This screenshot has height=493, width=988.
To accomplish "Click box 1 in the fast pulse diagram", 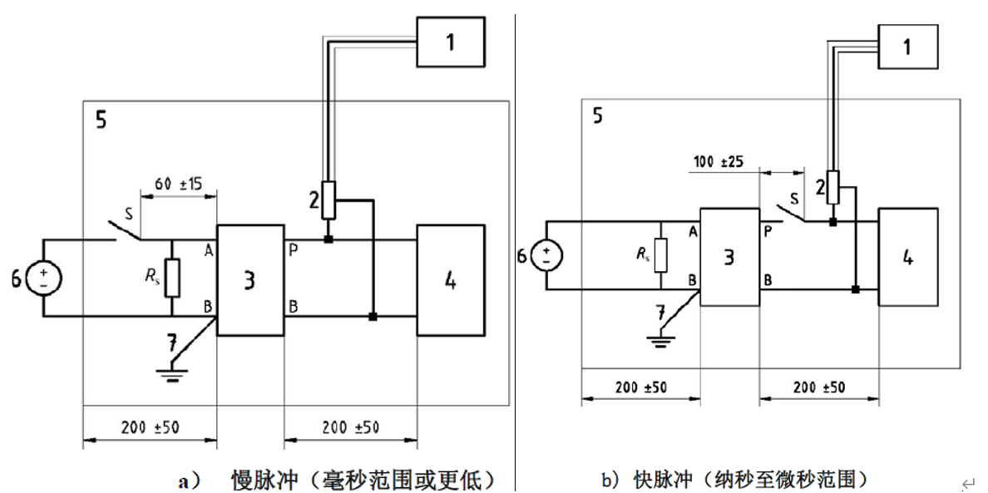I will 907,47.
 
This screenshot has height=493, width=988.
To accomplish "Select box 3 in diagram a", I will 250,280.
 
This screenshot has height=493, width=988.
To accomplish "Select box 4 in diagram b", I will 908,257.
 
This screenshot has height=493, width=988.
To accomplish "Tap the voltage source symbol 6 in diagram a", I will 43,277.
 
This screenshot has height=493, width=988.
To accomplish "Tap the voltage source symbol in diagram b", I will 546,254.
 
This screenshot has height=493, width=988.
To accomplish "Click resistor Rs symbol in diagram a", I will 172,278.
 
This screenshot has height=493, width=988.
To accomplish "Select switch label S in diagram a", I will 129,214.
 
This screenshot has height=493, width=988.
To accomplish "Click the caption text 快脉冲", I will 664,480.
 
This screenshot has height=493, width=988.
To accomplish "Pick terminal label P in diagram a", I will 293,249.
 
